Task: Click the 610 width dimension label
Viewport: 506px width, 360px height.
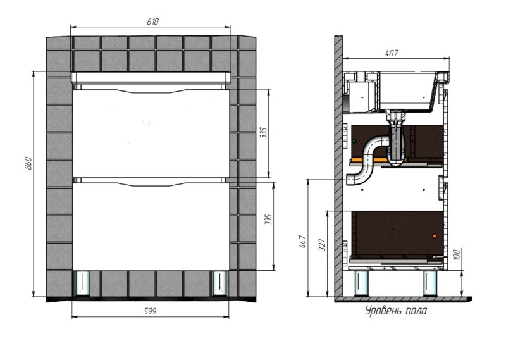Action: pos(152,22)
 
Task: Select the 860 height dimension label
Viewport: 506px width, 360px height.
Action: pos(28,163)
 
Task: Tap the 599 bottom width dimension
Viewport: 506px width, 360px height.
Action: pos(150,311)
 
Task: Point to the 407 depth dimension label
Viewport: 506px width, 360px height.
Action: pos(392,53)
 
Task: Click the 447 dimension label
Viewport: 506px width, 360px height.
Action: pos(303,242)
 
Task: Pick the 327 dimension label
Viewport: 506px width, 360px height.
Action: pos(323,244)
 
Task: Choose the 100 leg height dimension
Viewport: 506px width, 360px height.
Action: pos(456,254)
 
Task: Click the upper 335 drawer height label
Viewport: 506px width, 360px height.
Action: pos(264,133)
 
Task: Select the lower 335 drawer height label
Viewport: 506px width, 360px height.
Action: pos(268,220)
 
